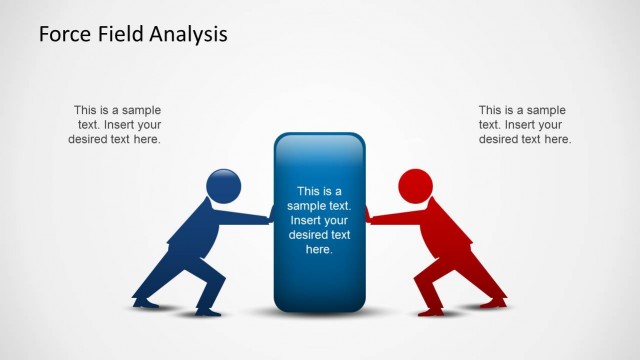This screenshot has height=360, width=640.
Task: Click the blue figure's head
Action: tap(223, 186)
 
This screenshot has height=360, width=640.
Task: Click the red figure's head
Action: tap(415, 186)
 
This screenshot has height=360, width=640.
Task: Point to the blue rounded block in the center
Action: tap(319, 220)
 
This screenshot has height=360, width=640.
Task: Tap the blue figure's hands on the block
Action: tap(268, 214)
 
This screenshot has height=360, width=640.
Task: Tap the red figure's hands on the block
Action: tap(370, 214)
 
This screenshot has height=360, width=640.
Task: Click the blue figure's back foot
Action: tap(146, 301)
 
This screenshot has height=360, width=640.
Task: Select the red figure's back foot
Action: tap(493, 301)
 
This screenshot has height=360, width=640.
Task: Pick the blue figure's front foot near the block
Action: tap(208, 311)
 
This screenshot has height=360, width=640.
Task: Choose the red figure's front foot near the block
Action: tap(431, 311)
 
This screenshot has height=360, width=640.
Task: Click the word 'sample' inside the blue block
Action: tap(306, 206)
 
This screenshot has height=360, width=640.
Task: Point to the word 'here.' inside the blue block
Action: tap(319, 250)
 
